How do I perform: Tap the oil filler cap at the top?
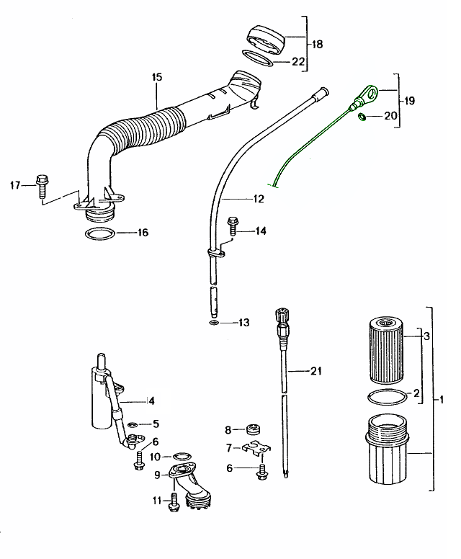(266, 38)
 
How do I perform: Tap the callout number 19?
(410, 102)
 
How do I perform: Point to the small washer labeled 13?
(214, 323)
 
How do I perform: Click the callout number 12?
(258, 198)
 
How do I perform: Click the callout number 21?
(315, 372)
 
